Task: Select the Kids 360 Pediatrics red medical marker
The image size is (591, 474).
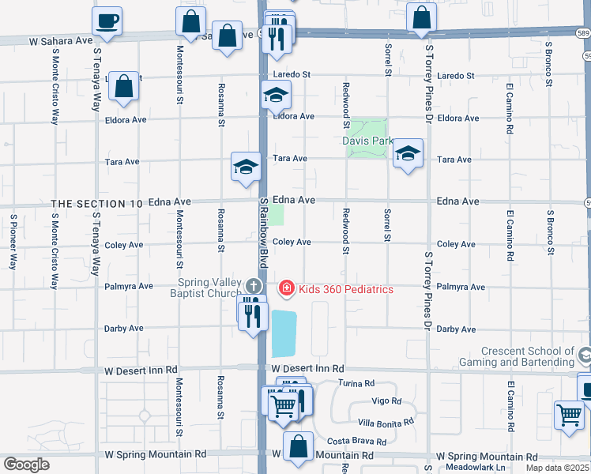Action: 286,289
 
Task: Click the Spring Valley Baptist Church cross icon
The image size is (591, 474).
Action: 253,285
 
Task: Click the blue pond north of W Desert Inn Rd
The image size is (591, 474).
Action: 284,333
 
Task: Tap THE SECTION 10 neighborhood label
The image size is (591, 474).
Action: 97,203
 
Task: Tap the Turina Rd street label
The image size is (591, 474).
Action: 356,383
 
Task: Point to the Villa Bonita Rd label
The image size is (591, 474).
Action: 386,423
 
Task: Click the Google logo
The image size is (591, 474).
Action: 26,465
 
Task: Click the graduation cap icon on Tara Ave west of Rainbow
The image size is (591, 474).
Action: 245,166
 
